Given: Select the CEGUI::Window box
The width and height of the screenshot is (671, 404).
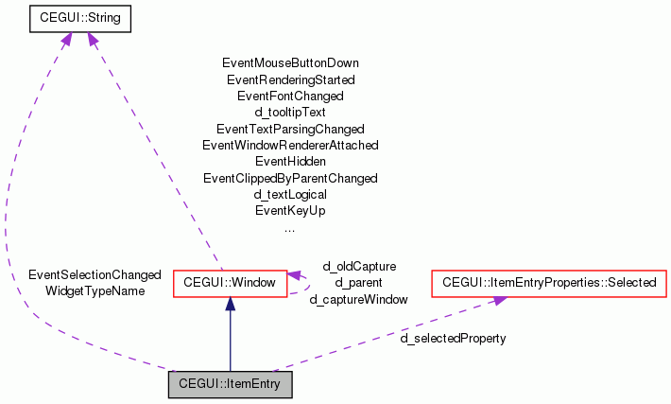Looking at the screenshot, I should [x=230, y=283].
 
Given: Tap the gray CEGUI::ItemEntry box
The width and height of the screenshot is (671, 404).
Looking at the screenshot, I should [x=230, y=384].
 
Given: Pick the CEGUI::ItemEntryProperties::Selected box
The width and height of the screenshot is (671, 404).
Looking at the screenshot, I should [x=549, y=283].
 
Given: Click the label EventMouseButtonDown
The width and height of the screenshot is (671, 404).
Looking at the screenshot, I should [x=290, y=63].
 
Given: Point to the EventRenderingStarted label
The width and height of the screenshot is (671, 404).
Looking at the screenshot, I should [x=290, y=79].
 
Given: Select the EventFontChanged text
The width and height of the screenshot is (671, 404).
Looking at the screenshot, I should [x=290, y=96].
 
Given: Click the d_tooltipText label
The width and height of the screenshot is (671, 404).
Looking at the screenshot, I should [x=290, y=113].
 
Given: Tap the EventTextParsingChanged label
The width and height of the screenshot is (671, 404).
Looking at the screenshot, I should [x=290, y=129].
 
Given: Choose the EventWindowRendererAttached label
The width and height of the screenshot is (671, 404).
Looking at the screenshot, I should [x=290, y=145].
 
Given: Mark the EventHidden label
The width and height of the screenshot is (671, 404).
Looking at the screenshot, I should [x=290, y=162].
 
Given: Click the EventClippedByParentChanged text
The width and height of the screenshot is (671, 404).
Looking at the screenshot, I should [x=290, y=178].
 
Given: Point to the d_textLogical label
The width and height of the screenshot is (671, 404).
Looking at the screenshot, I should [x=290, y=194].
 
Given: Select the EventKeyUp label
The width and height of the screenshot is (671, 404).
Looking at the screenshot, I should [x=290, y=210].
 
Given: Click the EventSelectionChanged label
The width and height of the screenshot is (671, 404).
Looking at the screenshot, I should [x=95, y=274].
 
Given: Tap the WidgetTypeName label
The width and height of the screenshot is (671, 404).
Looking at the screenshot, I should [x=95, y=290].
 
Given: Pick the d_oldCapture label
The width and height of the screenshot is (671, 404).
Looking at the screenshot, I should [x=359, y=267].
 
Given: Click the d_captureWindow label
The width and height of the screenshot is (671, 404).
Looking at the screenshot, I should [x=359, y=299].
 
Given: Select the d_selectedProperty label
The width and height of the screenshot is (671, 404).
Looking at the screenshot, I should [x=453, y=338].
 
